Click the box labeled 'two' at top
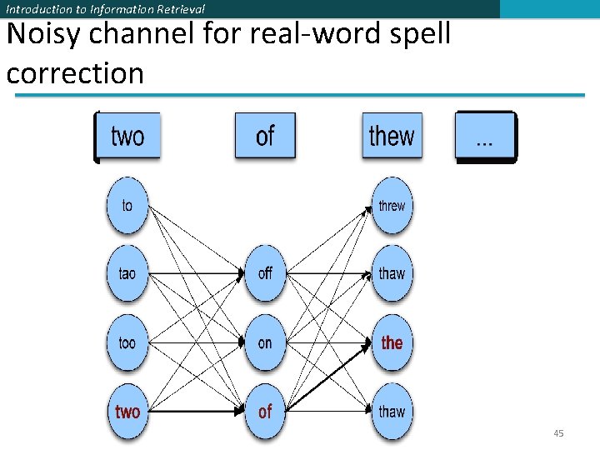(127, 136)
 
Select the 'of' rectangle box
(265, 136)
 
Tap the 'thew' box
(392, 136)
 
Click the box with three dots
(485, 136)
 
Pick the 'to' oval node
(127, 205)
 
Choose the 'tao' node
(127, 273)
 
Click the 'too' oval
(127, 342)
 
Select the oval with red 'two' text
(127, 411)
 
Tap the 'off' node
(265, 273)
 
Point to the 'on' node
(265, 342)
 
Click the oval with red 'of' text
(265, 411)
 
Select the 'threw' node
(392, 205)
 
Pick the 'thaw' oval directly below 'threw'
(392, 273)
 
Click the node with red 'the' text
(392, 342)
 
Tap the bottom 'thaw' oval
(392, 411)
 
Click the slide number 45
(558, 433)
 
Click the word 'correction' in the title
(75, 73)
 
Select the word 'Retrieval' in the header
(178, 9)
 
